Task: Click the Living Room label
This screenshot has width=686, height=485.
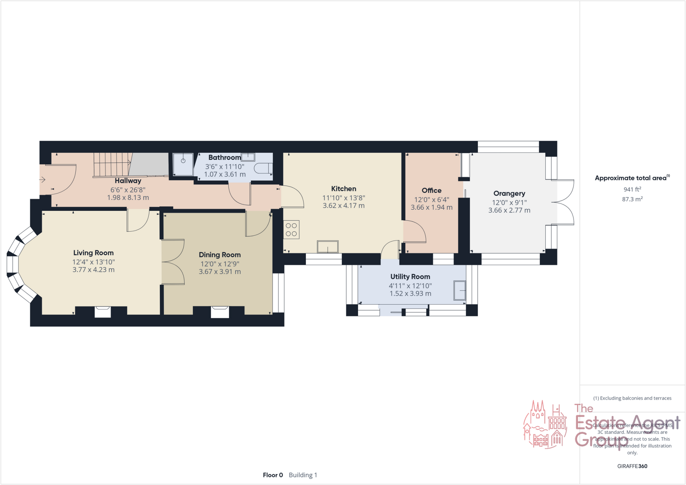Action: [x=93, y=253]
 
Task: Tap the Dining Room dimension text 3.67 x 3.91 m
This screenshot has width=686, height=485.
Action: [x=220, y=272]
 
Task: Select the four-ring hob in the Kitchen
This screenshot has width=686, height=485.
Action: [x=291, y=230]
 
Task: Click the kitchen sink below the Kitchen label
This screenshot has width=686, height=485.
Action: [x=328, y=247]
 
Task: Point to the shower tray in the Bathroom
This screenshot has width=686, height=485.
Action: [x=183, y=164]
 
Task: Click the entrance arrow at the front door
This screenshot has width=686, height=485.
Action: [x=42, y=180]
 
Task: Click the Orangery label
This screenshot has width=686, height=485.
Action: [x=509, y=193]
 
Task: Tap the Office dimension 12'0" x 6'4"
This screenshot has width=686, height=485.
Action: [x=431, y=200]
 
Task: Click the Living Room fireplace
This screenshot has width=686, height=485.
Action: [x=102, y=312]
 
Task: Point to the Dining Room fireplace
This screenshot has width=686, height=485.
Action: [x=220, y=312]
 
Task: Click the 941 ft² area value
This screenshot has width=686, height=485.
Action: [x=632, y=189]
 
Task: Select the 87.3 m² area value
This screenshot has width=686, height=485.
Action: [x=632, y=199]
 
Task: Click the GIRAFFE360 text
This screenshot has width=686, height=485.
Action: [x=632, y=466]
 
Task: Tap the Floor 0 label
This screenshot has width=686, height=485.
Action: [x=273, y=475]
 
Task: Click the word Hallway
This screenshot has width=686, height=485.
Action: [x=128, y=181]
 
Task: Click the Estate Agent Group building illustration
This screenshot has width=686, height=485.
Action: [x=545, y=424]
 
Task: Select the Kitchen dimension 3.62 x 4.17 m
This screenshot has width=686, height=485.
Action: [x=343, y=206]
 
